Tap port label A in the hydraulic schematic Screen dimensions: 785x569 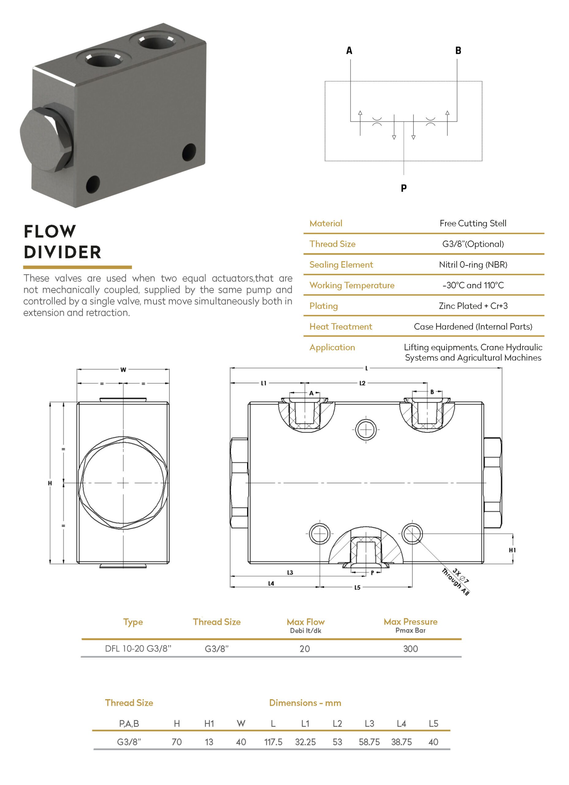(x=349, y=51)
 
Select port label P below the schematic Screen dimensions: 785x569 (x=403, y=188)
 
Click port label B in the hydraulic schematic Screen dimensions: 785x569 (x=458, y=51)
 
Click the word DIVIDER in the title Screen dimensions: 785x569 (x=63, y=252)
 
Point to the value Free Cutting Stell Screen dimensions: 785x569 (x=473, y=224)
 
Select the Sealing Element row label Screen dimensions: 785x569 (x=341, y=265)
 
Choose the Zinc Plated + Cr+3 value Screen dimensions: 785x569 (x=473, y=306)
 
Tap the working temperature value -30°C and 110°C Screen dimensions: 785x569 (x=473, y=285)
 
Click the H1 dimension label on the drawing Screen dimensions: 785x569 (x=512, y=550)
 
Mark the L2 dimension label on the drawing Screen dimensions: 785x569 (x=362, y=383)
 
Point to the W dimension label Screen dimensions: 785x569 (x=123, y=370)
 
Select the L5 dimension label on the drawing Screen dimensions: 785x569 (x=357, y=587)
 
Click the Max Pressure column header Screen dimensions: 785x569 (x=411, y=622)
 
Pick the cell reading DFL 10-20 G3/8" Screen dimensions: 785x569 (x=138, y=649)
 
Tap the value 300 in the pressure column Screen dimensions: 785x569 (x=411, y=649)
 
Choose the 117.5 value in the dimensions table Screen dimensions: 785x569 (x=273, y=742)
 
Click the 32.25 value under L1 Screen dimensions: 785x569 (x=305, y=742)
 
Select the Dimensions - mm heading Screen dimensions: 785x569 (x=305, y=703)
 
